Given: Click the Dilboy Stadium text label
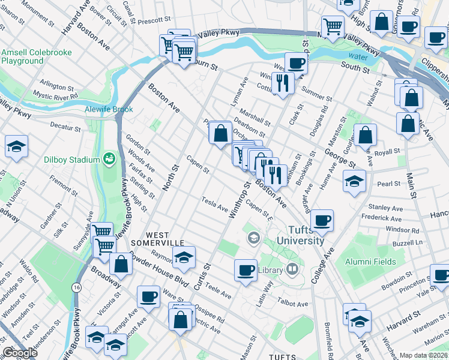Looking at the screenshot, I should click(x=71, y=160).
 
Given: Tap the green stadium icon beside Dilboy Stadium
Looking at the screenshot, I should click(x=109, y=159).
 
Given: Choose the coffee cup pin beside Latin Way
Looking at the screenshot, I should click(x=245, y=270).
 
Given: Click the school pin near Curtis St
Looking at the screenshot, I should click(x=183, y=257).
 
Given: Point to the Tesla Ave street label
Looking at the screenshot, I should click(x=214, y=204).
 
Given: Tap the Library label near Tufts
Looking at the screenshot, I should click(x=270, y=271).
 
